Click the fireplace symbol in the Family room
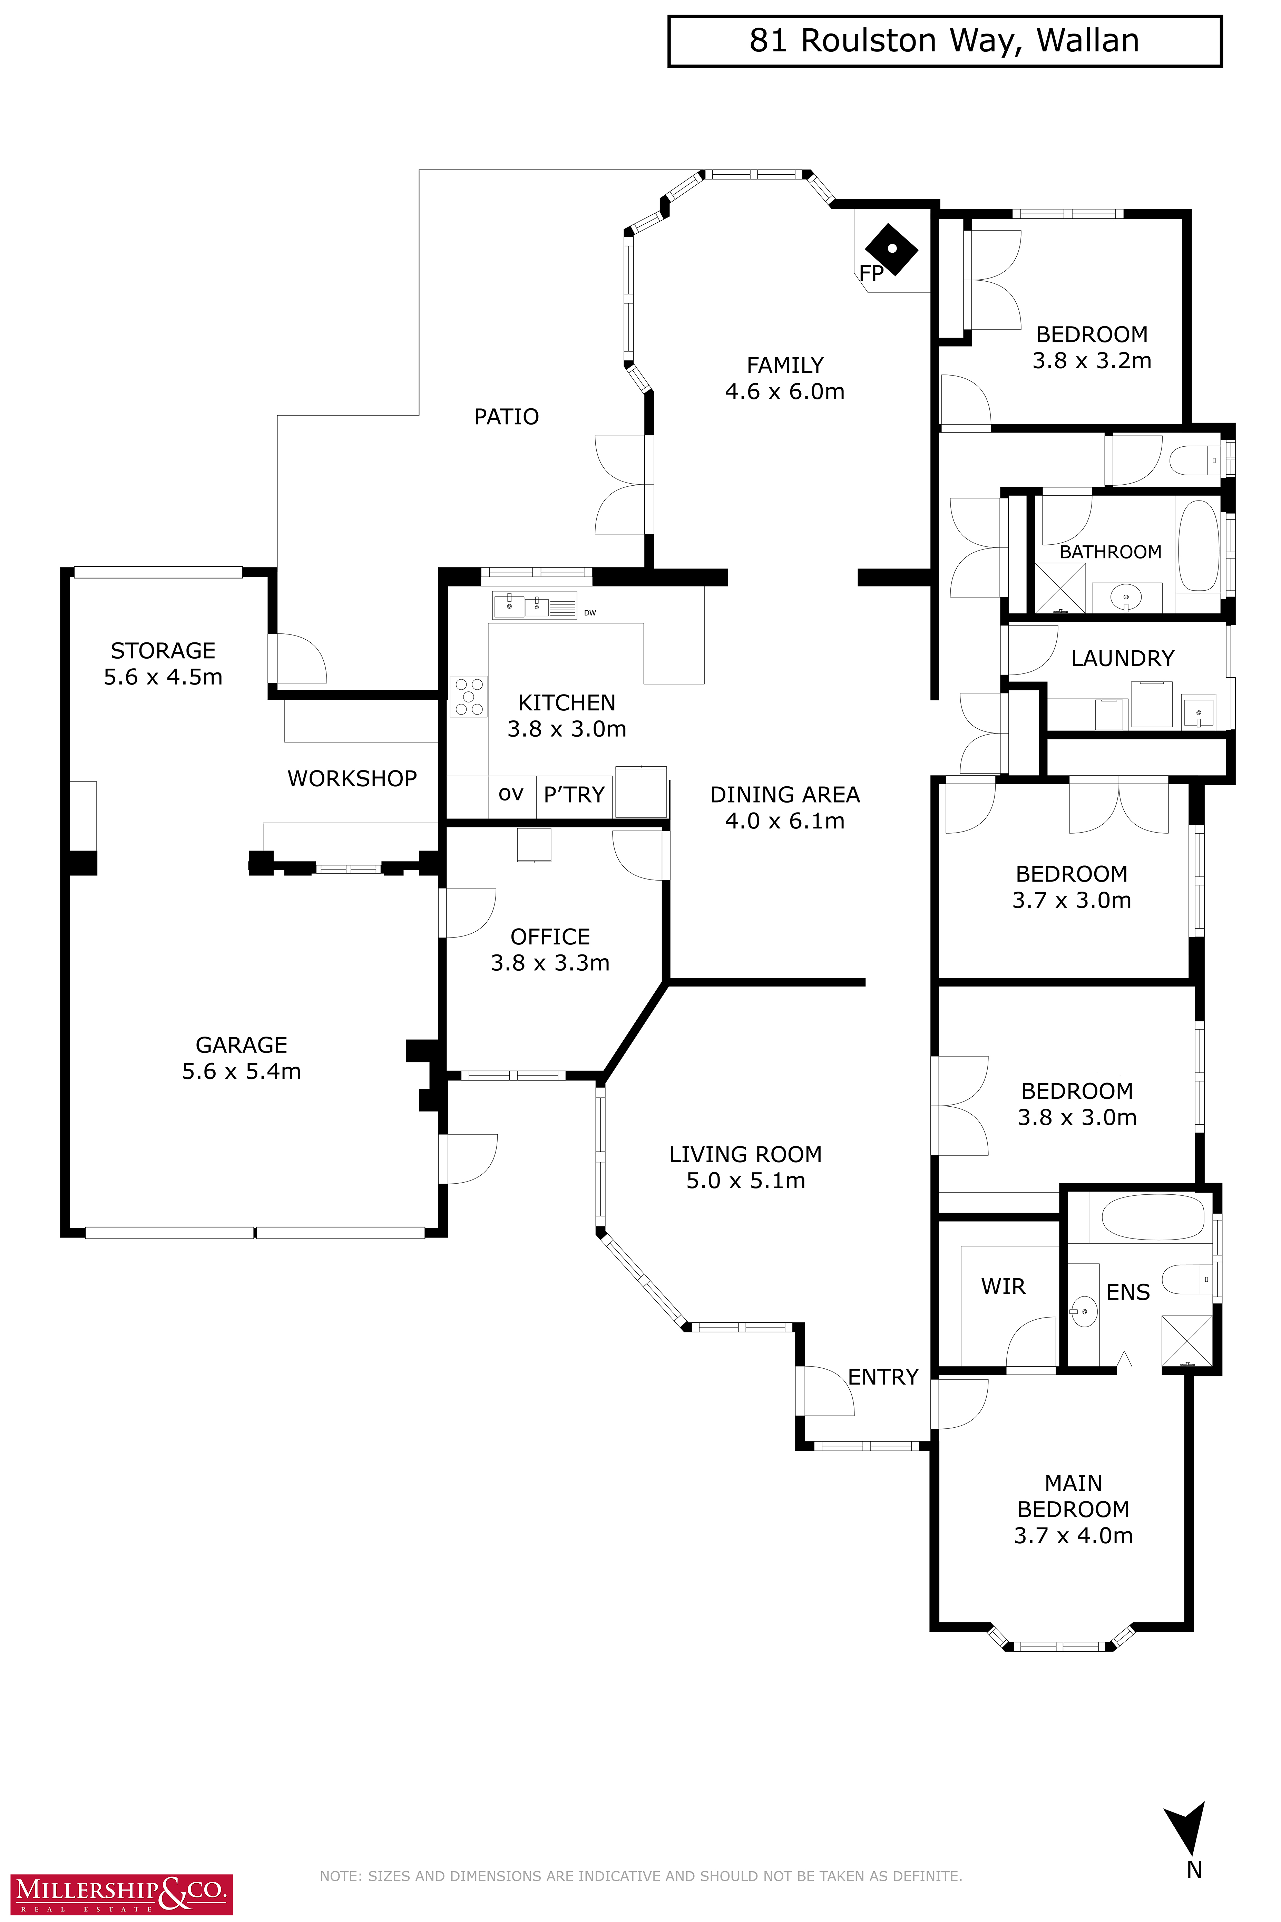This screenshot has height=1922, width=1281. tap(891, 249)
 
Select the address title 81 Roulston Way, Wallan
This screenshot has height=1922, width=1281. tap(945, 41)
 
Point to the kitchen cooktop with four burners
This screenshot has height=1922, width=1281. tap(468, 696)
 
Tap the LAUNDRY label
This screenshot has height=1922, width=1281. tap(1123, 659)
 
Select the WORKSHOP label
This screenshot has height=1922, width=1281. tap(352, 779)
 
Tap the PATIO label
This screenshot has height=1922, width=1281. tap(507, 417)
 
